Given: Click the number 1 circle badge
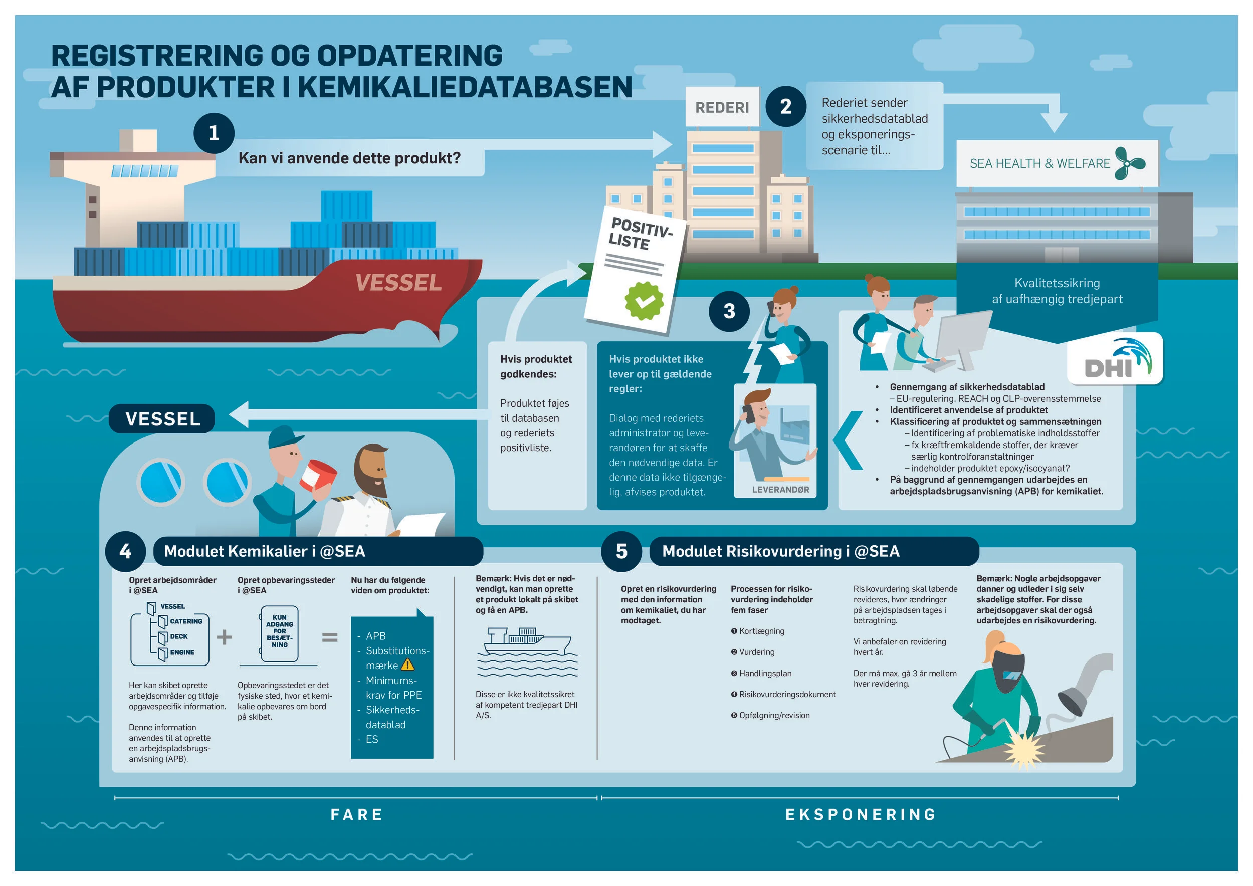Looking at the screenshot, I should [214, 133].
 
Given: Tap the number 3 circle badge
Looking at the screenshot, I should [729, 311].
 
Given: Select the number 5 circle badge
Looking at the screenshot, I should [621, 551].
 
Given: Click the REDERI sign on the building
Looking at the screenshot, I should [722, 107].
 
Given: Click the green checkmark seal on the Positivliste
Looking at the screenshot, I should [644, 301].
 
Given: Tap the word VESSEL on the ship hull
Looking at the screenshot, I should [398, 283].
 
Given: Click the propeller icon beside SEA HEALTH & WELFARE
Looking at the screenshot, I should [1129, 163].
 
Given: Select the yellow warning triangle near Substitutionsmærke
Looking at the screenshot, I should [407, 664].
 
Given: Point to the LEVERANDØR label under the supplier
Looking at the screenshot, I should [780, 490].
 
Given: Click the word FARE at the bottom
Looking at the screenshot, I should [357, 814].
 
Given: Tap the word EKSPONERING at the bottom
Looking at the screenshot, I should [861, 814].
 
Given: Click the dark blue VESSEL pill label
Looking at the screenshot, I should [162, 419].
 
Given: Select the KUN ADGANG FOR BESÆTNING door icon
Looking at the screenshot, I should [279, 633].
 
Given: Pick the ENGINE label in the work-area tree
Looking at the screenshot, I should [182, 652].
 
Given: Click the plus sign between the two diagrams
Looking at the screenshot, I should [225, 637].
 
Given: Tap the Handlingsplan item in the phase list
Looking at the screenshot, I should [764, 673].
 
